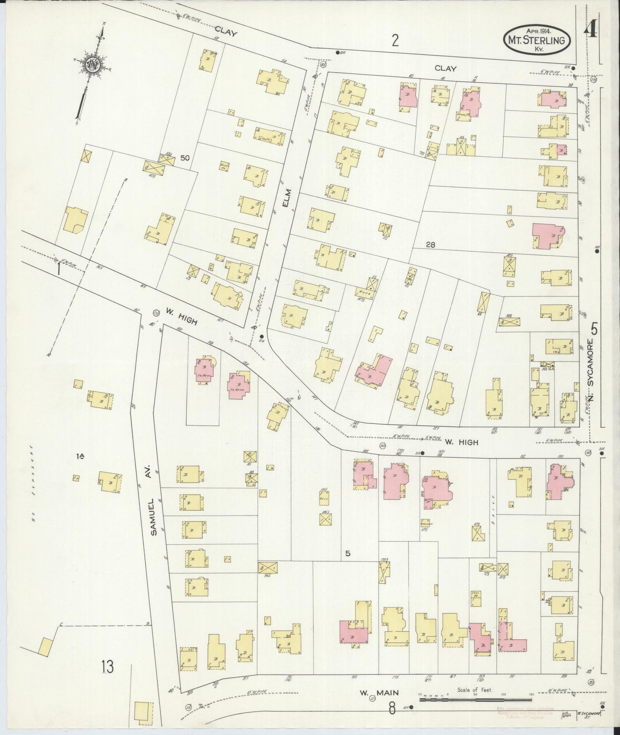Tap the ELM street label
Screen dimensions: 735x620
tap(285, 199)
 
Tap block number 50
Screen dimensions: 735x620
tap(185, 158)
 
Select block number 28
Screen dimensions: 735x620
tap(431, 245)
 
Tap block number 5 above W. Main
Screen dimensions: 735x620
tap(348, 553)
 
